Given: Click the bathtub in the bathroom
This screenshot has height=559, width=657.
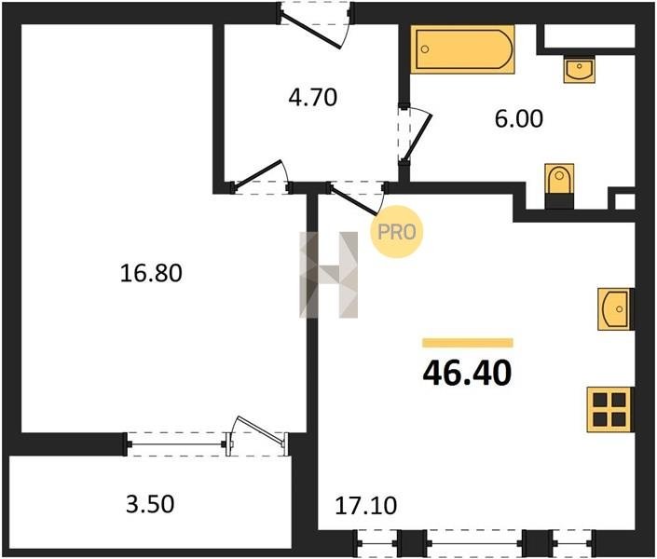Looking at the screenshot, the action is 462,49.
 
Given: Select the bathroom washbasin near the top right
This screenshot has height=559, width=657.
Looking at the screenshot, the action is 580,69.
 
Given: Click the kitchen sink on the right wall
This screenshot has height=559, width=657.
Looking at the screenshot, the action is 615,308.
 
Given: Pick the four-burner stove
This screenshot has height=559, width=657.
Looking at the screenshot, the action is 609,409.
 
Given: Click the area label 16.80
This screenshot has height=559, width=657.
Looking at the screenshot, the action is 151,273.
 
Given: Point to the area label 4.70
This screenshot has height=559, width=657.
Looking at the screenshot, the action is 312,97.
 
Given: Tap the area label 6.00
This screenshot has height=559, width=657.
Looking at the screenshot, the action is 519,118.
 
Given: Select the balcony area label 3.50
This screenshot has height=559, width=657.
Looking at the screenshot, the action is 150,504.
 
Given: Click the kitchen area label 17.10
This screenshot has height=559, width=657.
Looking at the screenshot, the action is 366,506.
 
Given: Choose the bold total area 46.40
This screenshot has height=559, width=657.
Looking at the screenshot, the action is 467,373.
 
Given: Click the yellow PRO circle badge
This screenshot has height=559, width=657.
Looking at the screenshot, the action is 396,232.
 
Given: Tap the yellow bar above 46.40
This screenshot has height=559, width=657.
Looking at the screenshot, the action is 468,343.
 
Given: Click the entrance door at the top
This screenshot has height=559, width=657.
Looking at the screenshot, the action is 315,25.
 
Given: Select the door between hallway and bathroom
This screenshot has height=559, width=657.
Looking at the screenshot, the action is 414,135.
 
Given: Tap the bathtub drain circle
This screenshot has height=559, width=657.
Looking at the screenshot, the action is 425,49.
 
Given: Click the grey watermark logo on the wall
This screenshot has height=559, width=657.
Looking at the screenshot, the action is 328,275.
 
